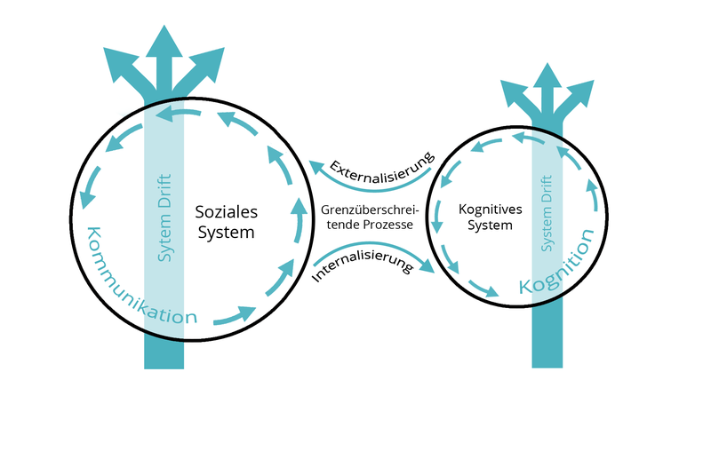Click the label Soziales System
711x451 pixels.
point(226,222)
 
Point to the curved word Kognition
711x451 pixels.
point(557,264)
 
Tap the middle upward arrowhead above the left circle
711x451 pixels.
point(164,43)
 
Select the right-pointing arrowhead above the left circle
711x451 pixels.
point(210,62)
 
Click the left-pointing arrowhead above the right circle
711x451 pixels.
point(514,91)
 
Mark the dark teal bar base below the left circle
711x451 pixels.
point(164,352)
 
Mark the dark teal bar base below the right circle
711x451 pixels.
point(547,342)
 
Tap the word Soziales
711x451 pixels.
point(226,212)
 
